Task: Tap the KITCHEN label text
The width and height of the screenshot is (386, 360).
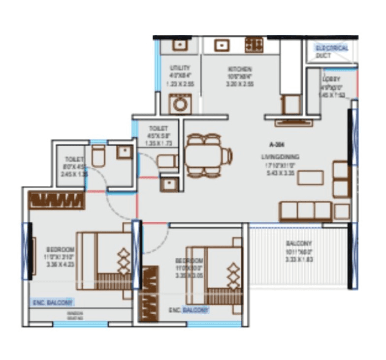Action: (240, 69)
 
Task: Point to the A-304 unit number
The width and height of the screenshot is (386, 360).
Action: (278, 145)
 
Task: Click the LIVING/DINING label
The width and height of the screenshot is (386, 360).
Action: (280, 157)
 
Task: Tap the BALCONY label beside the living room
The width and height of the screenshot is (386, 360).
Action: (299, 243)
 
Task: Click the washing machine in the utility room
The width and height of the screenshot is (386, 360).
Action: (177, 104)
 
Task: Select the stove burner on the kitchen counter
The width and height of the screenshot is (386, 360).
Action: (254, 45)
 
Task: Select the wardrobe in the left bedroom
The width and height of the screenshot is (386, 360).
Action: (57, 200)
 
